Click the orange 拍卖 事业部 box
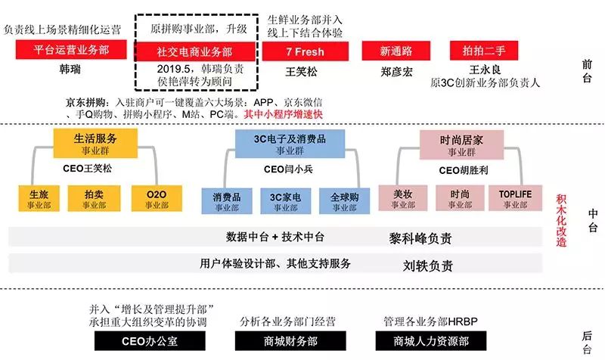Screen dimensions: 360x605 click(x=95, y=198)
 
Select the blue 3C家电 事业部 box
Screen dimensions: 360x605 click(x=281, y=199)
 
